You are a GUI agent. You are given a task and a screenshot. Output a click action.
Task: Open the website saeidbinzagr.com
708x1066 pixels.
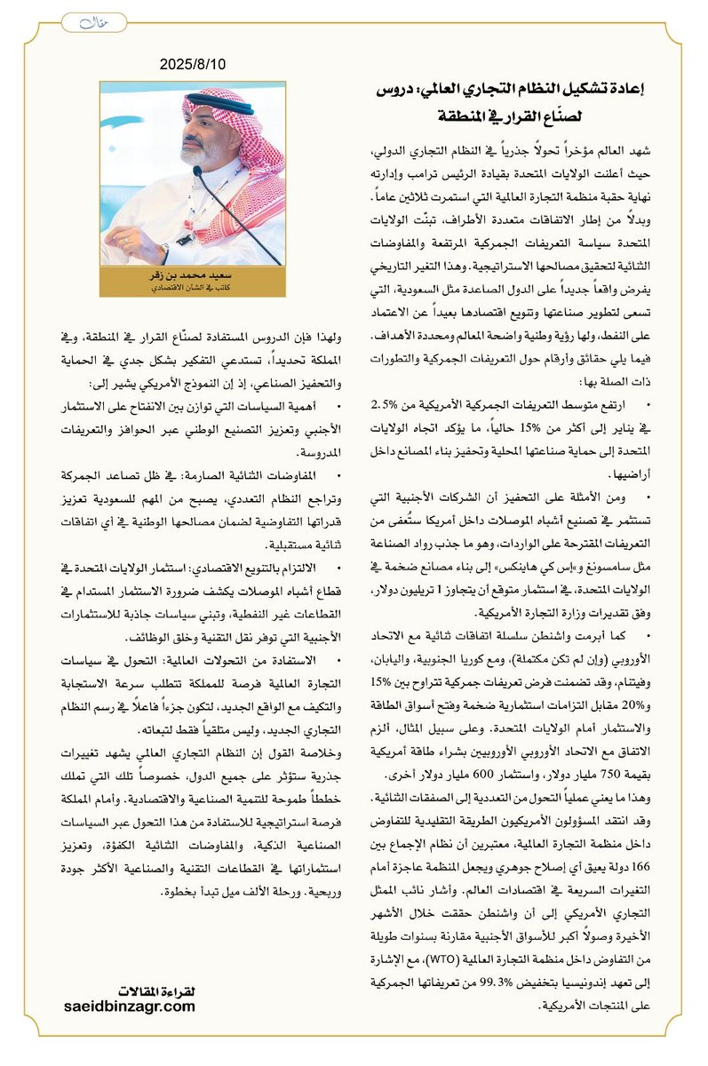(130, 1006)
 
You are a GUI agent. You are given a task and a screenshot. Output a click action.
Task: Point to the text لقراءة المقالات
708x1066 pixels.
(155, 991)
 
